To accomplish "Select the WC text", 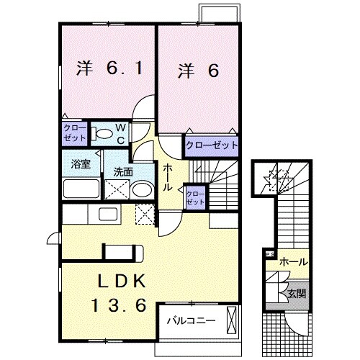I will click(120, 135).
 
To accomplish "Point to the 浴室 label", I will click(81, 163).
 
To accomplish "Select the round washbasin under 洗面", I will click(142, 189).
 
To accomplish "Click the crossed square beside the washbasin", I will click(116, 189).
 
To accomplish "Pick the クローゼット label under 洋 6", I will click(211, 145).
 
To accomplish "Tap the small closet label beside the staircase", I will click(195, 197).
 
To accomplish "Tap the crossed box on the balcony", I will click(231, 318).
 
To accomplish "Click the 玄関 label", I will click(297, 293).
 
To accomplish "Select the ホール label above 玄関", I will click(294, 261).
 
